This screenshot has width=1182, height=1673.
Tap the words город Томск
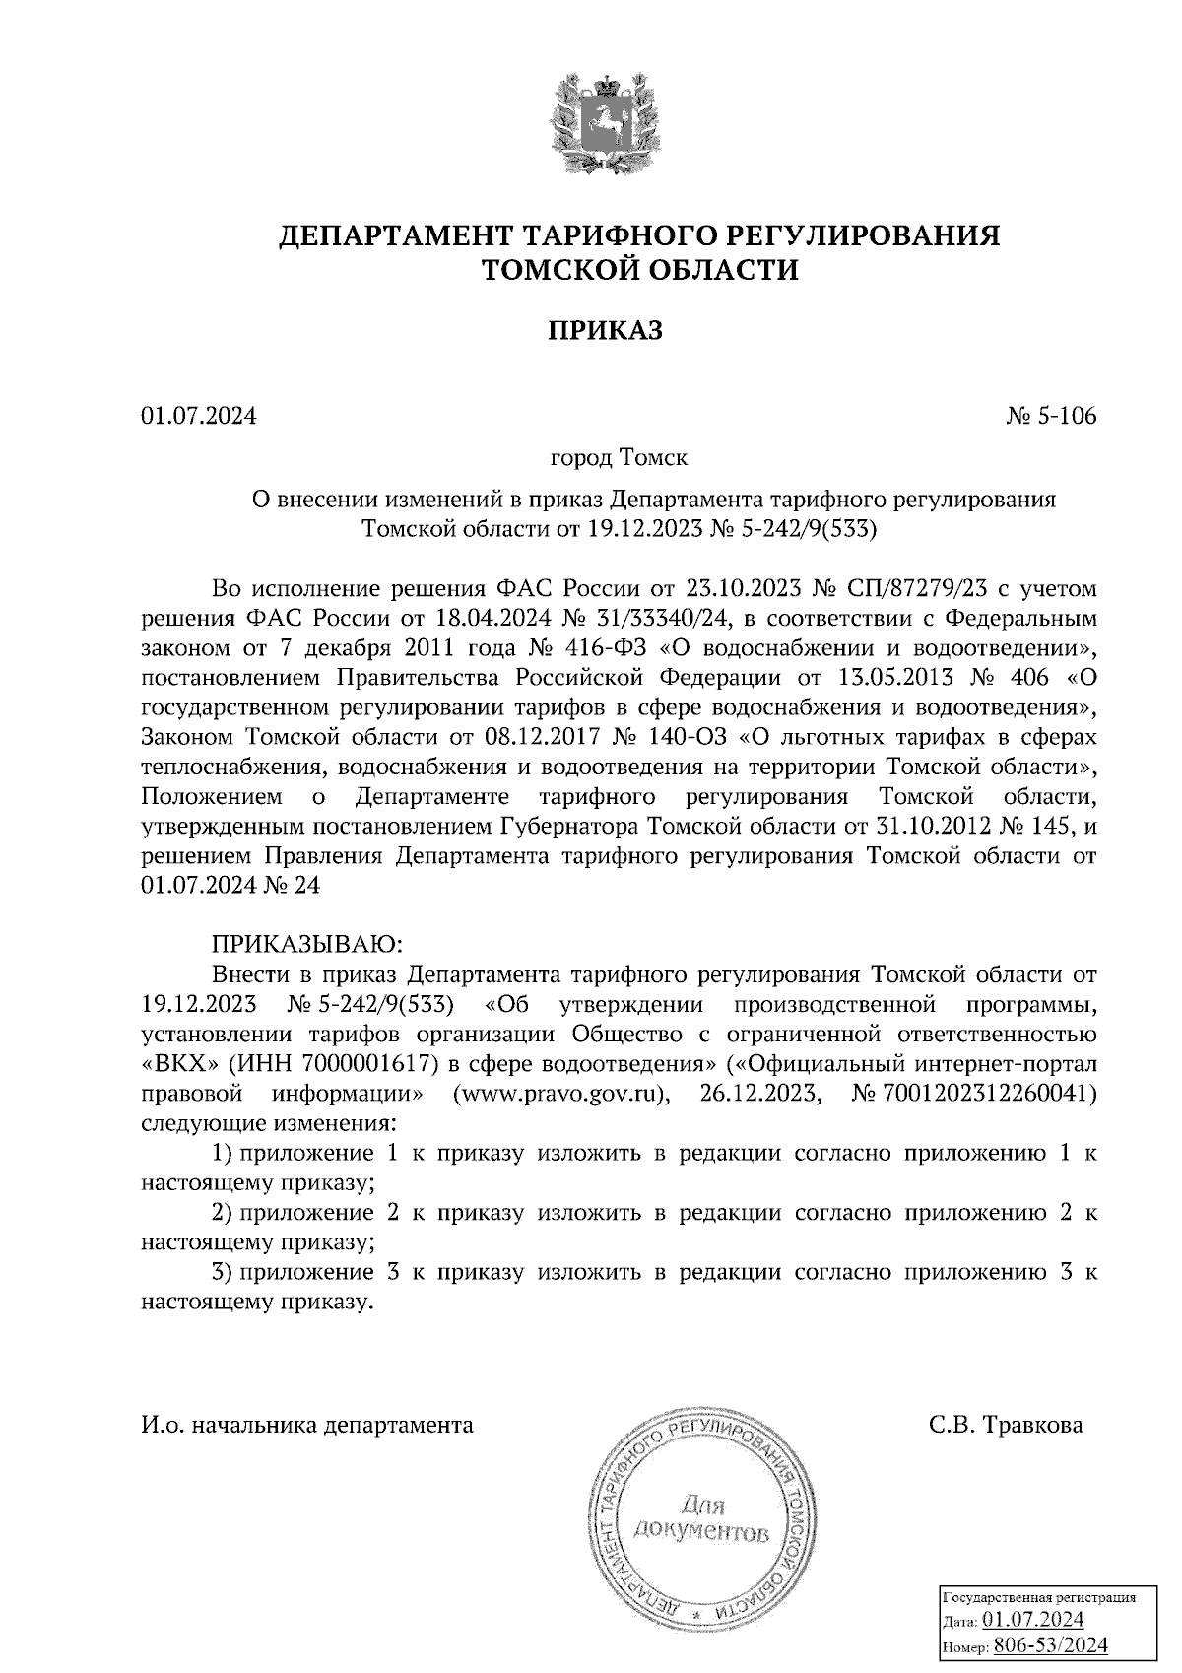[619, 459]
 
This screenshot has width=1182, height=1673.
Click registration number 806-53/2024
[1050, 1644]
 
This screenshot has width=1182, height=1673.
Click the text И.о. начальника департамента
[307, 1426]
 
